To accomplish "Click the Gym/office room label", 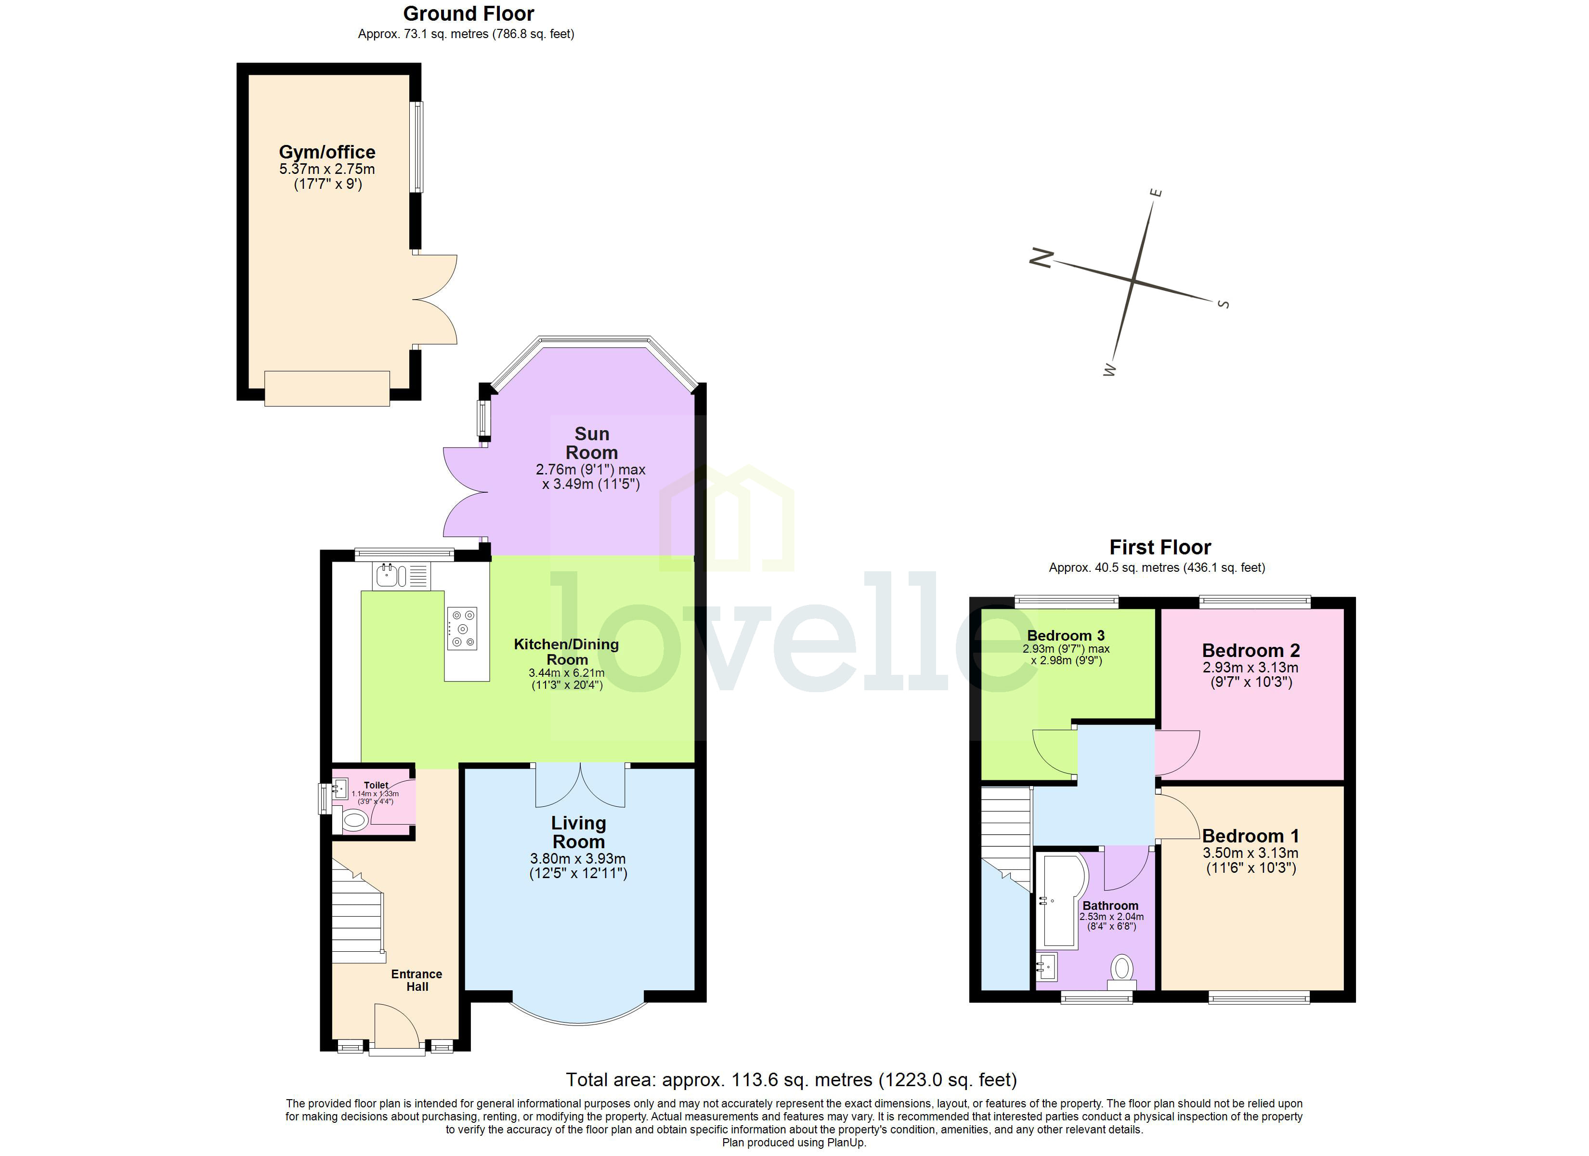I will tap(326, 152).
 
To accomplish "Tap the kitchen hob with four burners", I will tap(462, 628).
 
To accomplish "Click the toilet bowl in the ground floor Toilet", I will tap(354, 819).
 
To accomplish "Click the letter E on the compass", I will tap(1158, 192).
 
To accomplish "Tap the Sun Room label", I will tap(591, 443).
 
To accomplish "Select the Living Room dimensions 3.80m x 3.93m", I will tap(578, 859).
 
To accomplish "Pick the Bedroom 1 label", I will tap(1250, 836).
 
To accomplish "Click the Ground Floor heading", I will tap(468, 13).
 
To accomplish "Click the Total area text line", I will tap(791, 1079).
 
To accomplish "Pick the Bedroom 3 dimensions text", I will tap(1066, 655).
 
